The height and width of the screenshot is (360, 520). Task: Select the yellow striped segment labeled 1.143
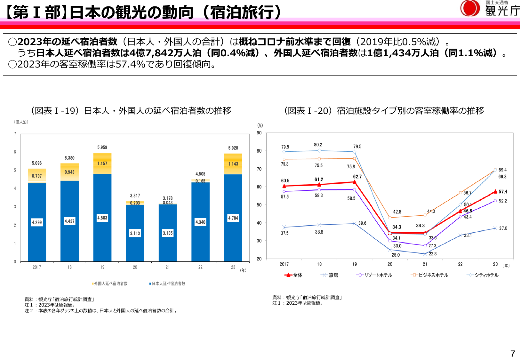pos(233,164)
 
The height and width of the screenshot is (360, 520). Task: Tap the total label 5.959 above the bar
pos(102,148)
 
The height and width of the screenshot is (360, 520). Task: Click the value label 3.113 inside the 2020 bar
pos(135,233)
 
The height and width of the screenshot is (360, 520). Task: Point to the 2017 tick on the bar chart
pos(37,267)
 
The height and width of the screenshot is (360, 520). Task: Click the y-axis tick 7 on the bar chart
pos(15,134)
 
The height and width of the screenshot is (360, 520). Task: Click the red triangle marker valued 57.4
pos(495,192)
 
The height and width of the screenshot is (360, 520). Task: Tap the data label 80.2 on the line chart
pos(318,145)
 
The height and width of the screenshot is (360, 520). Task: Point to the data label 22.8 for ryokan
pos(433,254)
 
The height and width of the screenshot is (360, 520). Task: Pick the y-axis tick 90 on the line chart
pos(259,133)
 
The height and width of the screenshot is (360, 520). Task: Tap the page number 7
pos(512,354)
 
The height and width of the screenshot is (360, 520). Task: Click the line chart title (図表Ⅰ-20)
pos(384,111)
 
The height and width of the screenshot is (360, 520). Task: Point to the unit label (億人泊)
pos(21,122)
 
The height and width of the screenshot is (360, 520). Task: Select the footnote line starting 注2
pos(101,311)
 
